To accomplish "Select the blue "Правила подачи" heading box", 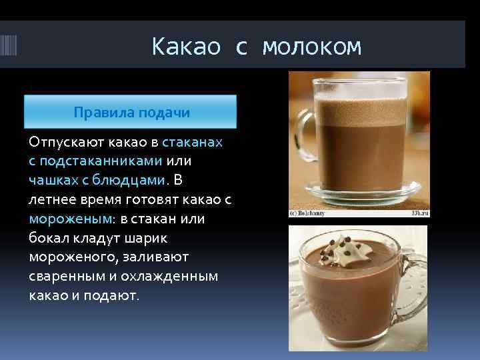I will tap(131, 112).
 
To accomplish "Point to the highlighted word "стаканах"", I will tap(193, 142).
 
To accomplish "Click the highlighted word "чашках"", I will tap(51, 179).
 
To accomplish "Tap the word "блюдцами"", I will tap(134, 179).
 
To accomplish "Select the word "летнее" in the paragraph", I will tap(51, 199).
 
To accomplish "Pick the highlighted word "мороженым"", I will tap(71, 218).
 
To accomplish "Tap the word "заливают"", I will tap(156, 257).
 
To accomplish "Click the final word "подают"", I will tap(113, 295).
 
